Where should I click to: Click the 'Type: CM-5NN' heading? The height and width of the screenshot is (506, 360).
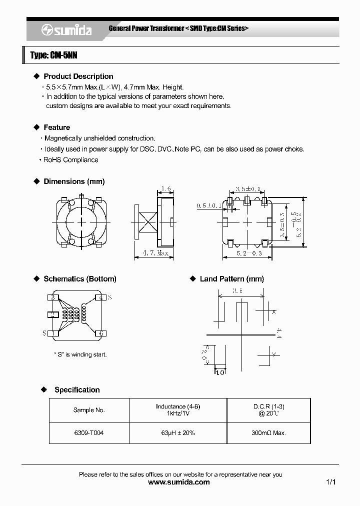tap(53, 55)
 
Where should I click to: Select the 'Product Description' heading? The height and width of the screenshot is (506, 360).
tap(78, 76)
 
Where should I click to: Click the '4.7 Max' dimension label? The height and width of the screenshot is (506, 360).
tap(154, 253)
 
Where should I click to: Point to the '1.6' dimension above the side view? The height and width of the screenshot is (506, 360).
tap(166, 189)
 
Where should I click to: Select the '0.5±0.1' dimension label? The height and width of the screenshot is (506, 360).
tap(209, 205)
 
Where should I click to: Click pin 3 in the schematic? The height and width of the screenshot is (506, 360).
tap(52, 297)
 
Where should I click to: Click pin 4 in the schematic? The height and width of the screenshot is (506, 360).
tap(101, 297)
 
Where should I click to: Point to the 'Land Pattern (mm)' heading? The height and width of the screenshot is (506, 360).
tap(231, 279)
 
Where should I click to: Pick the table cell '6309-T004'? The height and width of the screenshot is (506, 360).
tap(89, 433)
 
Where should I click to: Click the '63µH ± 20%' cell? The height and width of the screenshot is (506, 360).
tap(178, 433)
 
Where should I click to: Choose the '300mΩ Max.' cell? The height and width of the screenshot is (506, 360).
tap(268, 433)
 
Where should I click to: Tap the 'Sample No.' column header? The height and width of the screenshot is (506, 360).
tap(89, 410)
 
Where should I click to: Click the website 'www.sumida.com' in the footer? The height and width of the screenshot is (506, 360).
tap(179, 482)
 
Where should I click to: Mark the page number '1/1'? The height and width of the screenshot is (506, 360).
tap(330, 482)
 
